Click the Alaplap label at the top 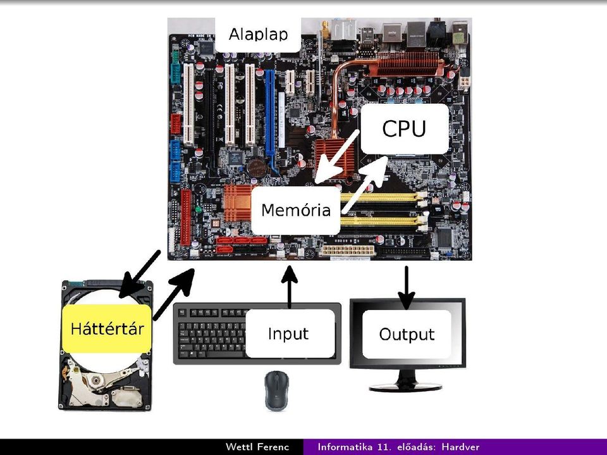[258, 35]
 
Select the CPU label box [405, 128]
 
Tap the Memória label [296, 211]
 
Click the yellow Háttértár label [107, 328]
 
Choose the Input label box [290, 333]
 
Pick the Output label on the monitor [407, 334]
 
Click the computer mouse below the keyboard [276, 390]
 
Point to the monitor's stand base [405, 387]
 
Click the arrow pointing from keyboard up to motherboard [289, 287]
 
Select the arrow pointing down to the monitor [406, 287]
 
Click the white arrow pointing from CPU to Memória [336, 157]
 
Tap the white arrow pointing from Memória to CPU [364, 185]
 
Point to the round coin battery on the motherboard [257, 168]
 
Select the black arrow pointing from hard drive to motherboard [174, 294]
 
